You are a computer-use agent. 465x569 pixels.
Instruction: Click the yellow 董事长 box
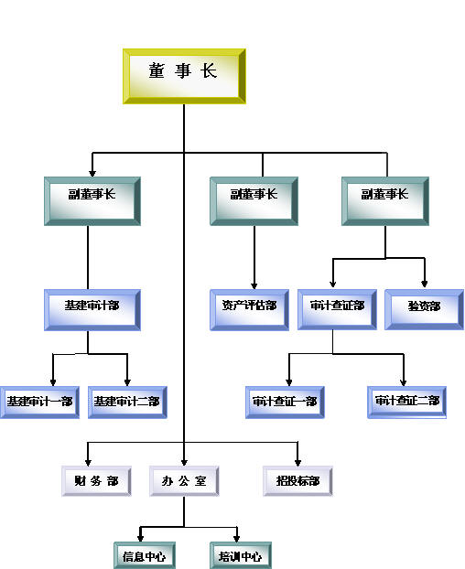[x=184, y=76]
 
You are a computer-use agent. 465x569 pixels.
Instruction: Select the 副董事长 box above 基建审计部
[x=92, y=201]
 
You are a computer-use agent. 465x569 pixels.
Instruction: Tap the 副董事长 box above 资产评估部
[x=254, y=201]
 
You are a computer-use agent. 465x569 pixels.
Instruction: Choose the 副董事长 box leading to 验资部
[x=385, y=201]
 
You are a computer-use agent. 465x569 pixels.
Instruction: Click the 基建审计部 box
[x=92, y=310]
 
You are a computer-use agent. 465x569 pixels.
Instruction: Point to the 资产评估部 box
[x=249, y=310]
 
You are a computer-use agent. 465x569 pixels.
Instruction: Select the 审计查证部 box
[x=337, y=309]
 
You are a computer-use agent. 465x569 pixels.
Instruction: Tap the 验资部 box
[x=424, y=309]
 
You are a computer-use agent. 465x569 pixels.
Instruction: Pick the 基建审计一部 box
[x=39, y=403]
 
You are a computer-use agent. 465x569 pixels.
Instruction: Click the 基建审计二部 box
[x=127, y=403]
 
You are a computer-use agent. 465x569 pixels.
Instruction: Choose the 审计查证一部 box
[x=285, y=403]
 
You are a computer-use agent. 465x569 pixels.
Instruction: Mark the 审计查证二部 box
[x=407, y=403]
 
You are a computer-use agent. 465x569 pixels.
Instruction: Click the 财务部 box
[x=96, y=481]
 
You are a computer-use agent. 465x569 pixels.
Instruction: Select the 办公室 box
[x=184, y=481]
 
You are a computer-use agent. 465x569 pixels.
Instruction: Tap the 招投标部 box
[x=297, y=481]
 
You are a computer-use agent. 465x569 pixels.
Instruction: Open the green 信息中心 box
[x=145, y=555]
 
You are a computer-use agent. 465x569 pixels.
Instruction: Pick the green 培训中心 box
[x=241, y=555]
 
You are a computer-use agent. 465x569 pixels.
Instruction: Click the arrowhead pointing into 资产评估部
[x=254, y=286]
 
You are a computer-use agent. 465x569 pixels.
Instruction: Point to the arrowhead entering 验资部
[x=425, y=284]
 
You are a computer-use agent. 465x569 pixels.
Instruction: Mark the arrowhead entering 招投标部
[x=297, y=463]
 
